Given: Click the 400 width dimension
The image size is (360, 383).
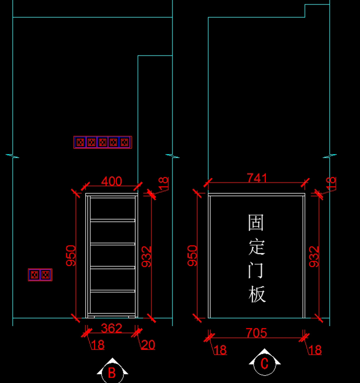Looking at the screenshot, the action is (x=112, y=181).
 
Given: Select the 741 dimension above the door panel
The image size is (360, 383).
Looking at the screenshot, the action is (x=257, y=178).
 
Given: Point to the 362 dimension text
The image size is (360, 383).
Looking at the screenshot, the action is (x=112, y=328).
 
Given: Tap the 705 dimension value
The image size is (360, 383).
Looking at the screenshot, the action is (x=256, y=333).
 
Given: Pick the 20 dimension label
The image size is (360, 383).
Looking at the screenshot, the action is (x=148, y=345).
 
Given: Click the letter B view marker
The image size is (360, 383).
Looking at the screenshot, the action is (x=112, y=373).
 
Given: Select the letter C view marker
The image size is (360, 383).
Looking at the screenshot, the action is (x=264, y=363).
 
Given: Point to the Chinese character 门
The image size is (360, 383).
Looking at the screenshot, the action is (x=256, y=271).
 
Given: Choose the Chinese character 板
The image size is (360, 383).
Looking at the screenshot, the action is (x=257, y=294).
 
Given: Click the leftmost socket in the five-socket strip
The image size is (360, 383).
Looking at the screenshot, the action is (x=80, y=142).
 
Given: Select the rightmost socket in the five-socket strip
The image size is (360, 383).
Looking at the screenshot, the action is (x=124, y=142).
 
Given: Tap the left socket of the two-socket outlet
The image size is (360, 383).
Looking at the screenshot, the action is (x=34, y=275).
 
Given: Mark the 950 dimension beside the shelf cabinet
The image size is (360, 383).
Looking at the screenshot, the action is (x=71, y=256).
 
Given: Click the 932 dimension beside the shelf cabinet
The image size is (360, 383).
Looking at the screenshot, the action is (x=146, y=257).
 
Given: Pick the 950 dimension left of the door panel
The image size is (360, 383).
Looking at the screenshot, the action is (x=192, y=256).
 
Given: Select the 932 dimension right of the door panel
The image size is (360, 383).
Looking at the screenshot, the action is (x=314, y=257).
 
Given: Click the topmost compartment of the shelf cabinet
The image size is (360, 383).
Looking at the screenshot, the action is (x=112, y=208).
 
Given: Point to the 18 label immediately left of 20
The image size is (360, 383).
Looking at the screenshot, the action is (x=98, y=345).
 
